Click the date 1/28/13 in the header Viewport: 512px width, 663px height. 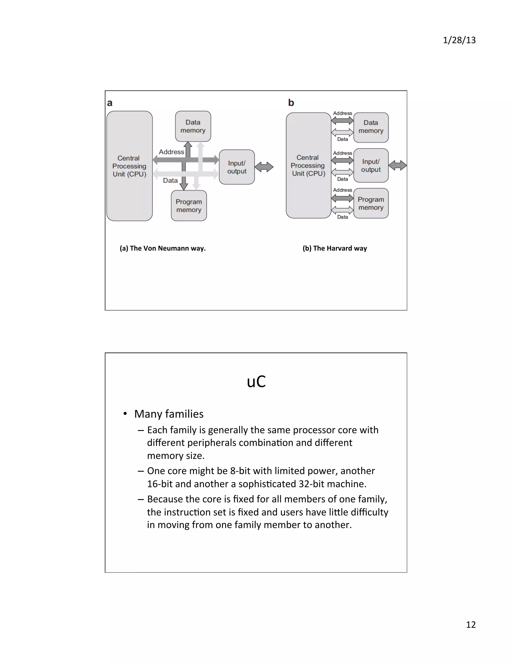tap(459, 40)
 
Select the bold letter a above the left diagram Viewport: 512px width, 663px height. tap(110, 103)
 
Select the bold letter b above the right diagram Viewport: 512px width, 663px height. tap(291, 103)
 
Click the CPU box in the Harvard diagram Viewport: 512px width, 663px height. tap(308, 165)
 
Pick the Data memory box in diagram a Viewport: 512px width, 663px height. tap(193, 126)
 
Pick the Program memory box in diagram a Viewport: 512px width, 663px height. tap(189, 205)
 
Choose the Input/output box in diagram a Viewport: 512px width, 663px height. tap(236, 167)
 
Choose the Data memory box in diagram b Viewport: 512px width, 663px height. tap(371, 127)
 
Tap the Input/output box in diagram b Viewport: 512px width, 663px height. tap(371, 165)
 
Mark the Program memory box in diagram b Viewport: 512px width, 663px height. tap(371, 203)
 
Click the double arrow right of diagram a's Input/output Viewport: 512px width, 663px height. tap(264, 167)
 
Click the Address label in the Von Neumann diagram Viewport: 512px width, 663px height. tap(171, 152)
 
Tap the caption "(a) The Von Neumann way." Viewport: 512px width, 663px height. tap(162, 248)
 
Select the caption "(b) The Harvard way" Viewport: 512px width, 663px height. tap(334, 248)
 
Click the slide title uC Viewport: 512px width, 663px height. tap(256, 382)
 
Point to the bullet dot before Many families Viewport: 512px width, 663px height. tap(125, 414)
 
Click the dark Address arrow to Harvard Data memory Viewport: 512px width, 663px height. tap(342, 121)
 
